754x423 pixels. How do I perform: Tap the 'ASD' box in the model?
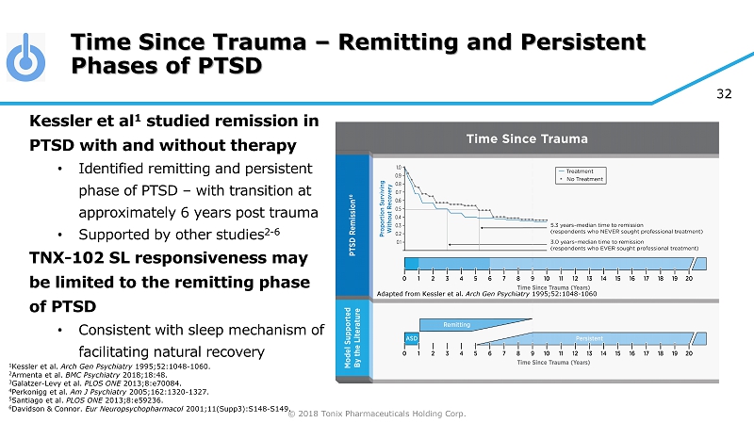pos(412,336)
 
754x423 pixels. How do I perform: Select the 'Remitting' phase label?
pos(456,323)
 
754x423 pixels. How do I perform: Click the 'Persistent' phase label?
pos(589,336)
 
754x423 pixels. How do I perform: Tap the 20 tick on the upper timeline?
pos(689,280)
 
